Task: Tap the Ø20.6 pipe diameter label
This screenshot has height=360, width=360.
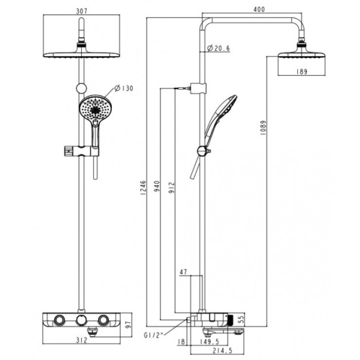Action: pyautogui.click(x=218, y=48)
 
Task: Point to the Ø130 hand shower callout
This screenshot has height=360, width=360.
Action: pyautogui.click(x=124, y=88)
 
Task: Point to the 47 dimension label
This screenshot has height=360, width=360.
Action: pyautogui.click(x=183, y=272)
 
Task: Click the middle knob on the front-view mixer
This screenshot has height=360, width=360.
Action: pyautogui.click(x=81, y=320)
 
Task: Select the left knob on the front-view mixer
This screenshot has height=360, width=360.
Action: pyautogui.click(x=60, y=320)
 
